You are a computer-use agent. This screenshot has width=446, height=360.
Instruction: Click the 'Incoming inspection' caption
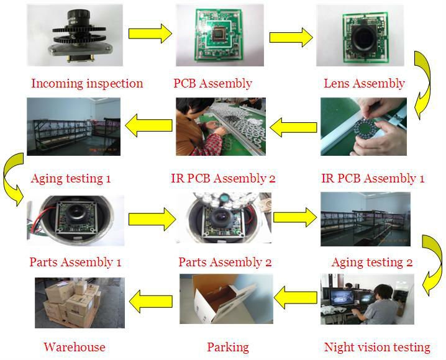point(87,83)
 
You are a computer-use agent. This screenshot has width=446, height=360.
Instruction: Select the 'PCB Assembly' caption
point(212,83)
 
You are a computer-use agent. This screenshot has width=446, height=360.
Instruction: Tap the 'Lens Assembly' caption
point(364,83)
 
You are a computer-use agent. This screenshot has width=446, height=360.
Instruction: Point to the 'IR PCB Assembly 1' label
point(373,179)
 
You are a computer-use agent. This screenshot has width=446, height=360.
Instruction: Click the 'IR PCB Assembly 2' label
point(223,179)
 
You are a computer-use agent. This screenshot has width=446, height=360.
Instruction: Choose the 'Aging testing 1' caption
point(70,179)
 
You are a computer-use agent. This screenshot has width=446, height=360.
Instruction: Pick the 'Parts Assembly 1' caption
point(75,262)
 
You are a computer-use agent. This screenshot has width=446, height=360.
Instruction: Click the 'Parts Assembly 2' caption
point(225,262)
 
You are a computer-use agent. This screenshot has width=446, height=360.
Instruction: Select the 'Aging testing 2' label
point(372,262)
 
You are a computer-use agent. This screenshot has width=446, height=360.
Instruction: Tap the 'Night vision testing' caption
point(377,347)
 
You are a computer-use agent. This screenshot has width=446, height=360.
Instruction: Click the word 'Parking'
point(227,347)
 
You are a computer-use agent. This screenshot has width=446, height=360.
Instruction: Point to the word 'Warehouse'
point(75,347)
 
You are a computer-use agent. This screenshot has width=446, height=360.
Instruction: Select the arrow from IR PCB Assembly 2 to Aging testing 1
point(148,125)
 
